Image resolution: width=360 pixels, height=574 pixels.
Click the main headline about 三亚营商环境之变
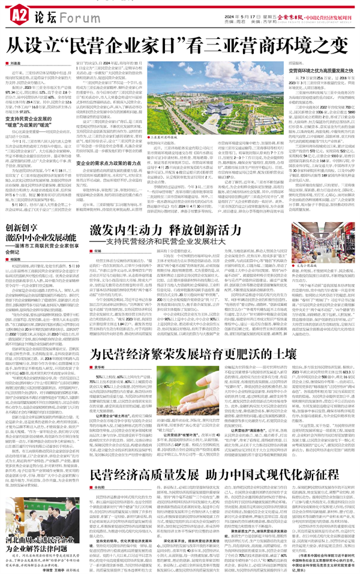click(x=180, y=43)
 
